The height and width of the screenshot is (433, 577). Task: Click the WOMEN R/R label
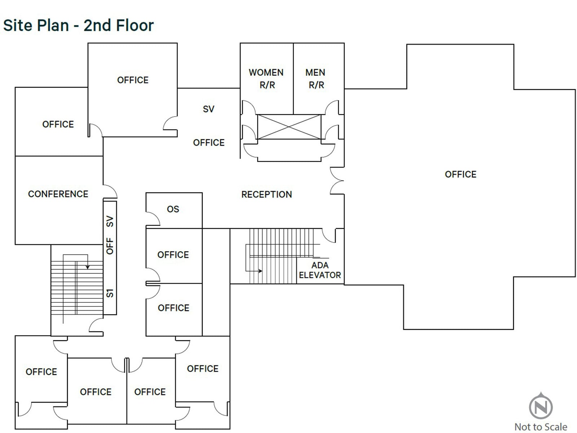click(x=266, y=79)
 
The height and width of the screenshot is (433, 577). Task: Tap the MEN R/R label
click(x=316, y=79)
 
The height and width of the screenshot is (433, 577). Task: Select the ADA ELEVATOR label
click(x=320, y=270)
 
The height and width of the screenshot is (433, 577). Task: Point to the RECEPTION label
click(x=267, y=194)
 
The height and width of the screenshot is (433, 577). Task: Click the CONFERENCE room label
click(x=58, y=194)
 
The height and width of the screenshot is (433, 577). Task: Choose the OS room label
click(x=173, y=209)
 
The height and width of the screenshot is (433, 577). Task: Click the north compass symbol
click(x=541, y=407)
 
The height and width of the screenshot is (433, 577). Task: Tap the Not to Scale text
click(x=541, y=427)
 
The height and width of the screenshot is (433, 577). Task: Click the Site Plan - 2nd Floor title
click(x=78, y=26)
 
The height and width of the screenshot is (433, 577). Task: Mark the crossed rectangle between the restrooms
click(x=289, y=127)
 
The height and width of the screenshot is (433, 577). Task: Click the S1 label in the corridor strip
click(x=110, y=293)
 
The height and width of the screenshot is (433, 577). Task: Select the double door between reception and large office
click(x=337, y=181)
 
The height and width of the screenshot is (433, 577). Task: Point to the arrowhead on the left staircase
click(x=87, y=267)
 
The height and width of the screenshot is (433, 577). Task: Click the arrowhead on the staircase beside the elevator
click(x=260, y=271)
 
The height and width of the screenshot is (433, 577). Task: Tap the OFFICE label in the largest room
click(x=461, y=175)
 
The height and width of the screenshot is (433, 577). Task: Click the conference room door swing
click(x=110, y=191)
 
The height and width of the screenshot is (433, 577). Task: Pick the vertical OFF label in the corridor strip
click(x=110, y=246)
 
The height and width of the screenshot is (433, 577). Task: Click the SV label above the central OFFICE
click(x=208, y=109)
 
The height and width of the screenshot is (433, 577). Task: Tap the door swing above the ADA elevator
click(x=329, y=235)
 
